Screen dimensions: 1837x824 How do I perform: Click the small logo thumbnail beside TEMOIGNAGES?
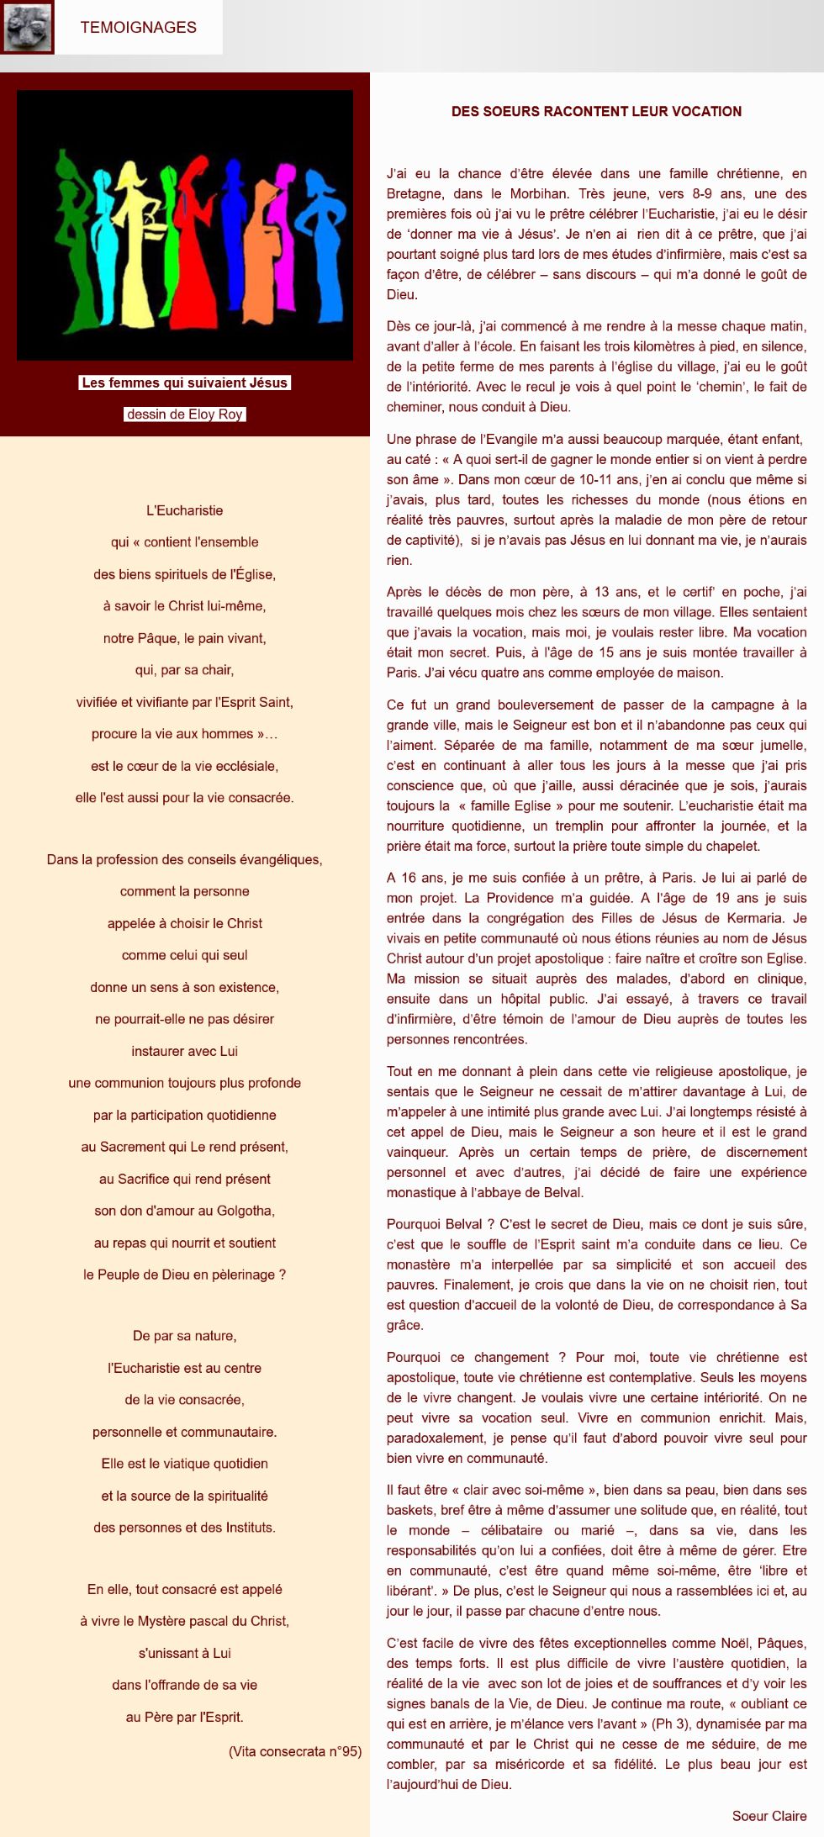(27, 27)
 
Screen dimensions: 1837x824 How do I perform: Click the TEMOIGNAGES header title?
(138, 27)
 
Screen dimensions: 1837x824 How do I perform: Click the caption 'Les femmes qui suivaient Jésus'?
(184, 383)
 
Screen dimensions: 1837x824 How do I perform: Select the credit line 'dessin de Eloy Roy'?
(184, 414)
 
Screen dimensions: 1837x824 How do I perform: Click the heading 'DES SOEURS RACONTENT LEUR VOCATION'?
(596, 111)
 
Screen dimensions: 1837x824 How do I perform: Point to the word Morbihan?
(541, 193)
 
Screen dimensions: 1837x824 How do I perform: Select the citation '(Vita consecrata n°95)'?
(294, 1751)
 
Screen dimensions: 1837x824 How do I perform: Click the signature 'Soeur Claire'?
(769, 1815)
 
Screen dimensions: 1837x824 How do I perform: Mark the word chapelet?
(731, 846)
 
